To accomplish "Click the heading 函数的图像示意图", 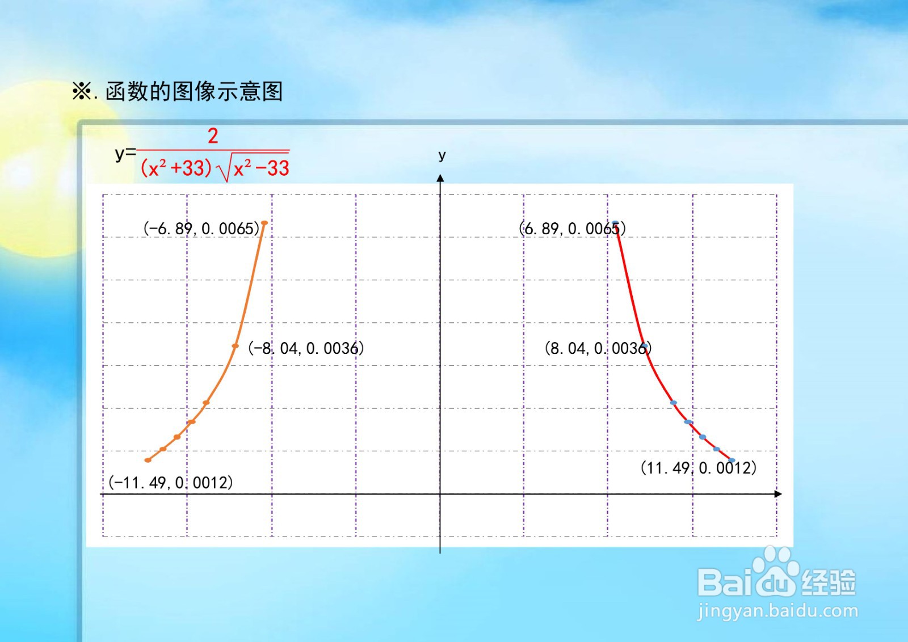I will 194,91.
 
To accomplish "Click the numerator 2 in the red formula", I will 213,136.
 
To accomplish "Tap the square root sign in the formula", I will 225,170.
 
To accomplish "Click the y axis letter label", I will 442,155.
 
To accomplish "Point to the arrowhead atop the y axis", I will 440,178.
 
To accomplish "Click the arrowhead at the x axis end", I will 778,494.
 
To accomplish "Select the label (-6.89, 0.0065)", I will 201,229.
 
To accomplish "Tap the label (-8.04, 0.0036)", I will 306,348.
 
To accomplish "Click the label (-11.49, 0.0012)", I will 171,483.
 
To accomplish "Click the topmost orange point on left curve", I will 264,223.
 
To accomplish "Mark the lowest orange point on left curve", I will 148,460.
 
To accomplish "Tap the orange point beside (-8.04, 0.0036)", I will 236,345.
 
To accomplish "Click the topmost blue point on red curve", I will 615,223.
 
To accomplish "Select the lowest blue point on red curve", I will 732,460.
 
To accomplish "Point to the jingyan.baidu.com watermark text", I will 777,611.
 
